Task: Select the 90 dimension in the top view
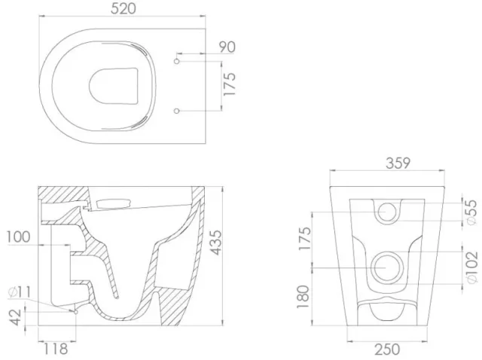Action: coord(227,47)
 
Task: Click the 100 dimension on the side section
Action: coord(18,237)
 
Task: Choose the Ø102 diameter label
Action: coord(471,266)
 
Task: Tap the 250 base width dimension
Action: coord(386,349)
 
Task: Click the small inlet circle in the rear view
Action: coord(387,211)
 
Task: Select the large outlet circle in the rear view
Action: coord(387,266)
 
